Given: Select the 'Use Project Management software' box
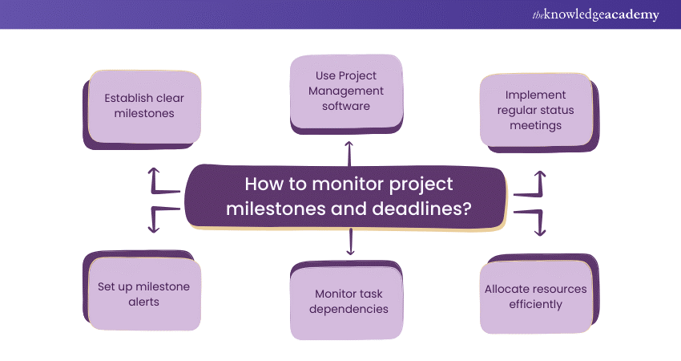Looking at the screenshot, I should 346,91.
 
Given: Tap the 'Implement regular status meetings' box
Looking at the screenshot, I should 535,110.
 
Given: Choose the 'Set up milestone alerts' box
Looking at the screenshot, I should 139,294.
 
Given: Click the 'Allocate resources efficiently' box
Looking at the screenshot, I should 535,296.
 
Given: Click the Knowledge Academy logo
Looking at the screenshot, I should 595,15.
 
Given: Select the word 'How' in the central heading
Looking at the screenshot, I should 263,185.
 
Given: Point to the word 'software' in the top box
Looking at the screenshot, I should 346,106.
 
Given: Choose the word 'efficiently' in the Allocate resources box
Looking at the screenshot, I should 534,304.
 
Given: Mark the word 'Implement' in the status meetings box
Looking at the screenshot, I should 535,95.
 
